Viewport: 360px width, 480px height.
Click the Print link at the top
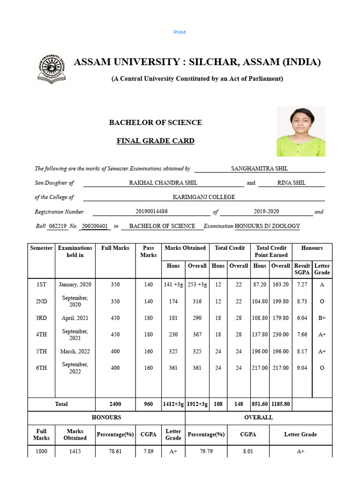[x=180, y=32]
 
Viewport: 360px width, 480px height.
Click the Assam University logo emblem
[x=52, y=68]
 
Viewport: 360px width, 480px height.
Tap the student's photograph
[x=300, y=131]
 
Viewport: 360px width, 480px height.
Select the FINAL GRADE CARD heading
[x=155, y=141]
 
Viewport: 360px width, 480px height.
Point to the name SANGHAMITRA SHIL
[x=259, y=168]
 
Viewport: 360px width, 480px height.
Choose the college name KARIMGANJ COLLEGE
[x=203, y=197]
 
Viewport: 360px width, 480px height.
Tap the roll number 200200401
[x=95, y=226]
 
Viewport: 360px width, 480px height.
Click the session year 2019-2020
[x=266, y=211]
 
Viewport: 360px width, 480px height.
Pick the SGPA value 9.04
[x=302, y=368]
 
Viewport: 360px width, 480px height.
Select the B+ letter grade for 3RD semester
[x=322, y=318]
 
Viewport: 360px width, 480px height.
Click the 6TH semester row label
[x=41, y=368]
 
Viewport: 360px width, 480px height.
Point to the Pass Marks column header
[x=148, y=251]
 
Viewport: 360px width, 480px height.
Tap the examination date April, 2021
[x=75, y=318]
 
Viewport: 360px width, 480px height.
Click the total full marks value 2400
[x=115, y=404]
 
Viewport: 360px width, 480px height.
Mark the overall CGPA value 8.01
[x=248, y=451]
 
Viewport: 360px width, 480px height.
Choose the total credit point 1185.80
[x=281, y=404]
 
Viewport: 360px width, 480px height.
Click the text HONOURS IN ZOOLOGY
[x=267, y=226]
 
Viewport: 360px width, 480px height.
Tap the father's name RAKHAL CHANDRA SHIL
[x=163, y=183]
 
